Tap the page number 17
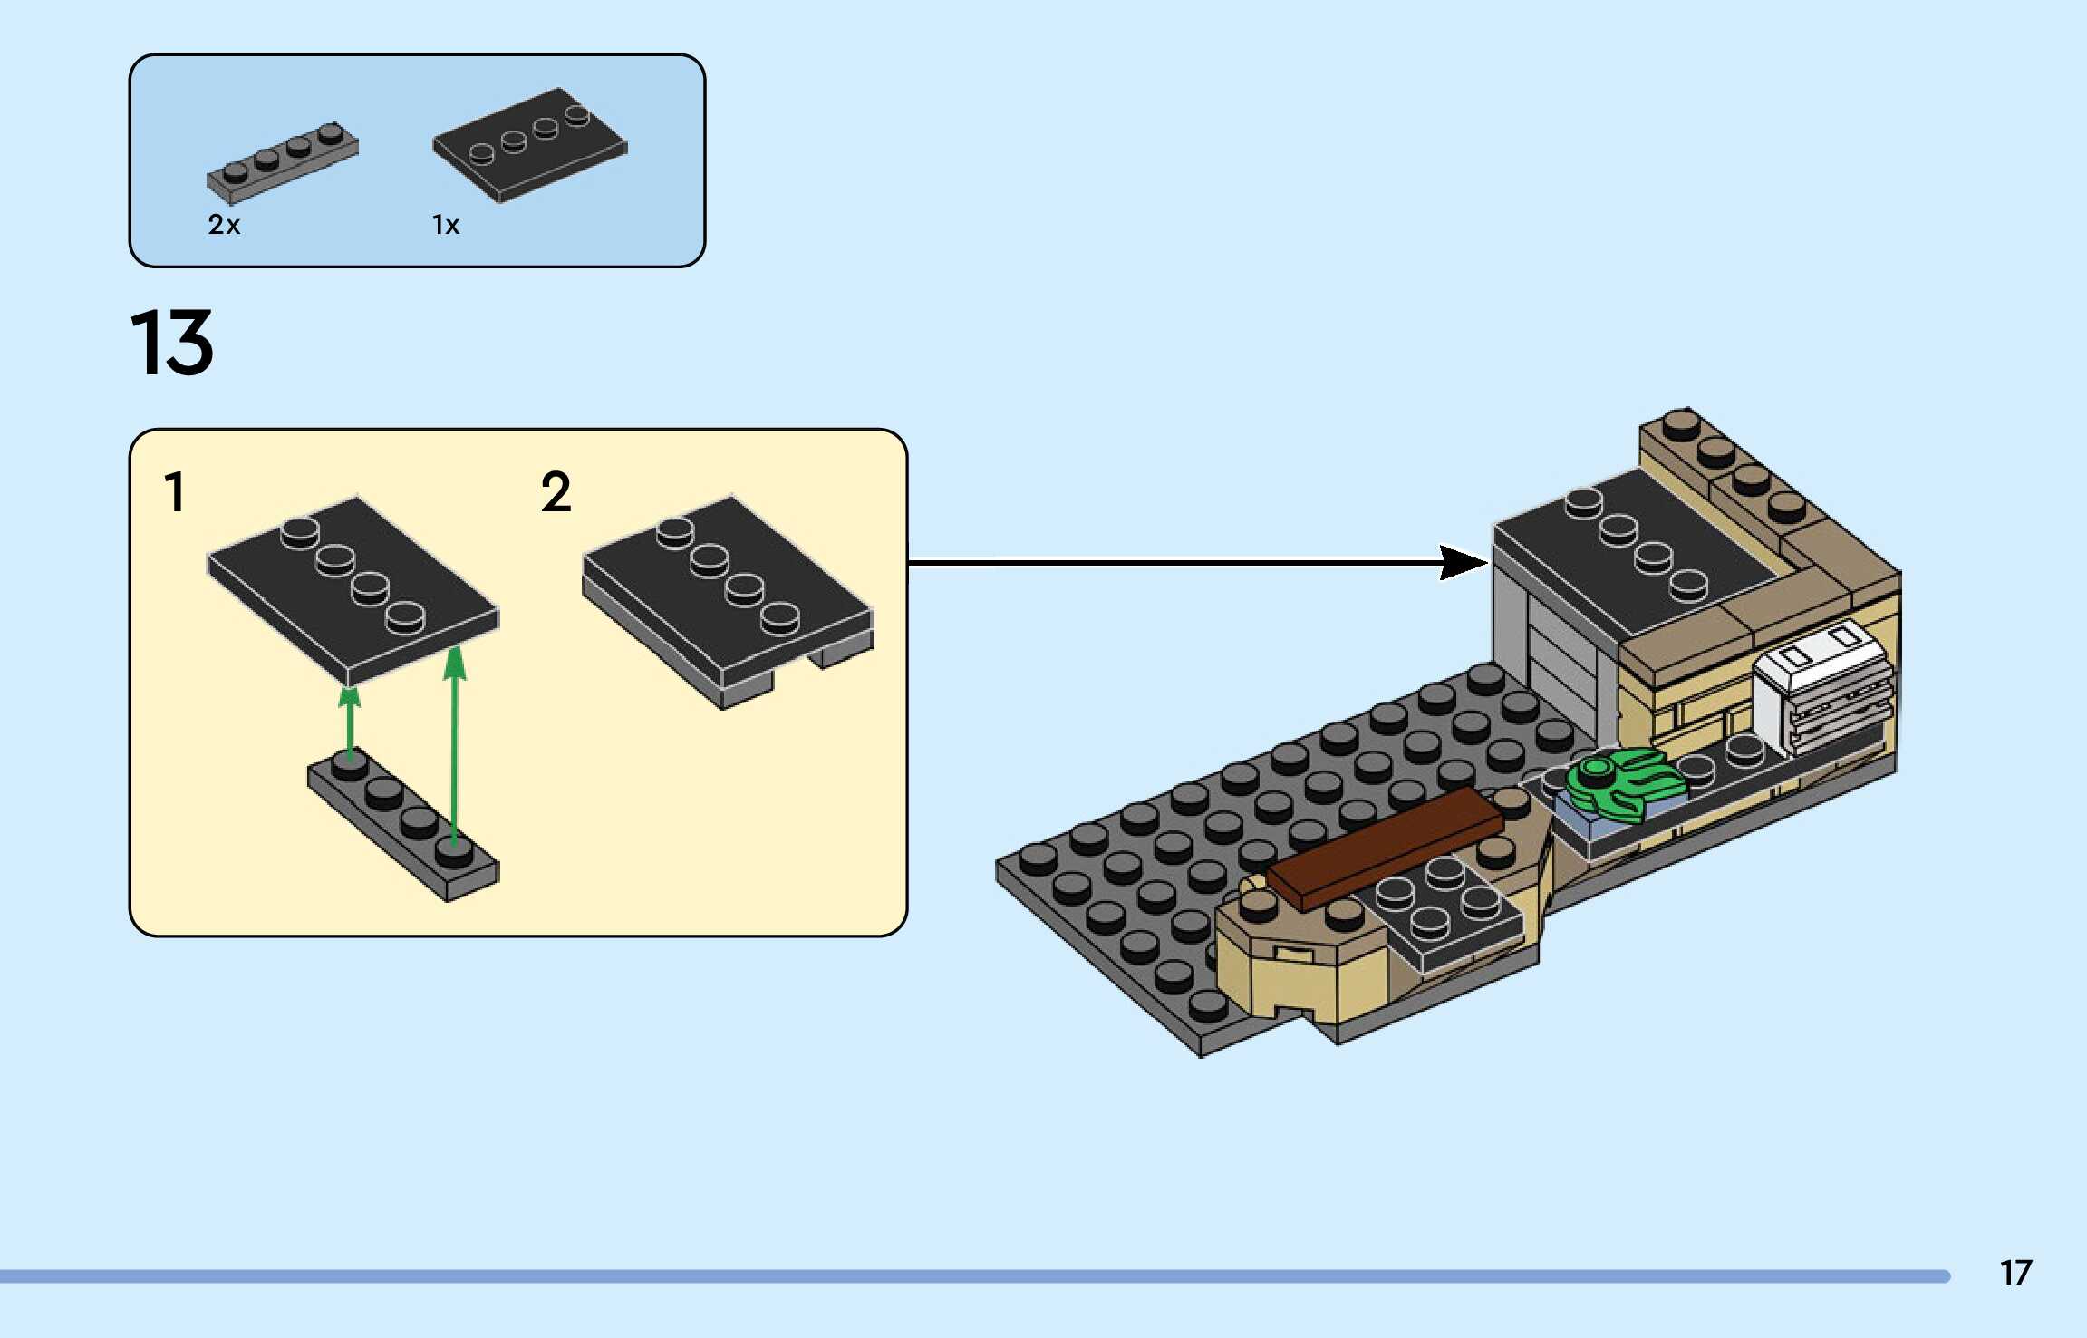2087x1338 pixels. pos(2015,1273)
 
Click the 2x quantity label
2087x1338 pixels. pos(224,224)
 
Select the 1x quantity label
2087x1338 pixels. pos(445,224)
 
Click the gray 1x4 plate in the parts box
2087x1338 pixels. pos(282,162)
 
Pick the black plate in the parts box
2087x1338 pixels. pos(530,145)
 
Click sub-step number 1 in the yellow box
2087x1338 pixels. pos(174,492)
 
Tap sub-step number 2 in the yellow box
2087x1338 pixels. pos(556,492)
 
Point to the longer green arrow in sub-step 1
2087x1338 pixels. pos(454,743)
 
